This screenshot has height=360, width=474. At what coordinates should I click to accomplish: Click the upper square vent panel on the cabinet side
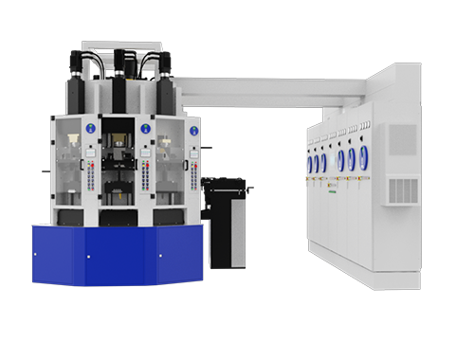(x=402, y=139)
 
